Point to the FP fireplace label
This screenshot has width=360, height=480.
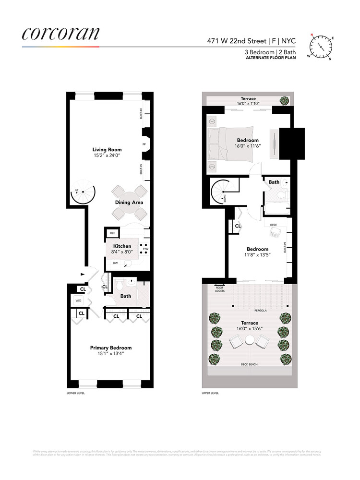[x=144, y=144]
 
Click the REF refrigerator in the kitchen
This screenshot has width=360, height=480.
[x=113, y=233]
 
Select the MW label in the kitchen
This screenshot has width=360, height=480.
[x=146, y=249]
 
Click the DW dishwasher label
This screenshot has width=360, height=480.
[x=116, y=263]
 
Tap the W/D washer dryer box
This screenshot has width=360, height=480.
[x=78, y=300]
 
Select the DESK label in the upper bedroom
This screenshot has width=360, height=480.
[x=273, y=225]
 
